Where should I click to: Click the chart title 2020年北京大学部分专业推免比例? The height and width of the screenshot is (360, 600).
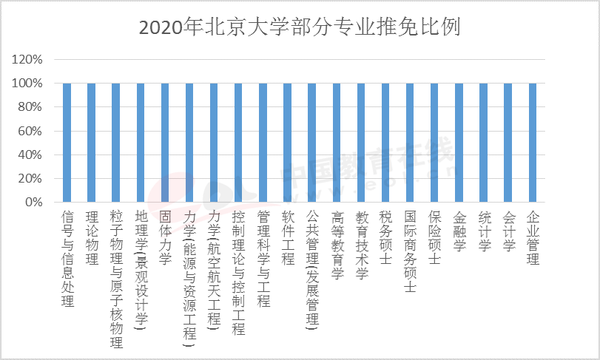click(x=299, y=27)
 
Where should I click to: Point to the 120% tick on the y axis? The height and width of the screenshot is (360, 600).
click(x=27, y=60)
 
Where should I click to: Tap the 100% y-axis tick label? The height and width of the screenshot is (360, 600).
click(x=27, y=84)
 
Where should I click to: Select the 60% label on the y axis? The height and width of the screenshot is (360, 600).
click(x=30, y=131)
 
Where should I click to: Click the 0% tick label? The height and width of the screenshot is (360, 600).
click(x=34, y=202)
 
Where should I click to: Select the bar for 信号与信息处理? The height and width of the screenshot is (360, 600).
click(x=67, y=143)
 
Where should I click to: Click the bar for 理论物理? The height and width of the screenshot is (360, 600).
click(x=92, y=143)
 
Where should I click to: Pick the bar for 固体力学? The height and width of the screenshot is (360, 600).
click(x=165, y=143)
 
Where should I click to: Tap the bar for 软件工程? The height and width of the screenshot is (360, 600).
click(x=287, y=143)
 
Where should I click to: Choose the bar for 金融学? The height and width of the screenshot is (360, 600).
click(x=459, y=143)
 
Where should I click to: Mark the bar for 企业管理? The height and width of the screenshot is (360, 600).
click(x=533, y=143)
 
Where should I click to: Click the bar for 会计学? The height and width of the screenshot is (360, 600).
click(x=508, y=143)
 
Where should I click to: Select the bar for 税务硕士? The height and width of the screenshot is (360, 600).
click(x=385, y=143)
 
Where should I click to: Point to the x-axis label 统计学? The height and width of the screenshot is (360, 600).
click(x=484, y=231)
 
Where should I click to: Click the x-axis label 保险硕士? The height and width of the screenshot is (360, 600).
click(x=435, y=238)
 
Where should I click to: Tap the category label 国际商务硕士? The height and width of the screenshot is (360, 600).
click(x=410, y=252)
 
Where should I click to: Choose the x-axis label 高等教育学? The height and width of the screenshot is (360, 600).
click(x=337, y=245)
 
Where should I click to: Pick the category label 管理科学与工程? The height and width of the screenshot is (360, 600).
click(x=263, y=259)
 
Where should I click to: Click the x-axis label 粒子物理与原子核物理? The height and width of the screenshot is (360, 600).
click(x=116, y=279)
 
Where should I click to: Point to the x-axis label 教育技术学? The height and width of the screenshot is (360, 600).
click(x=362, y=245)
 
